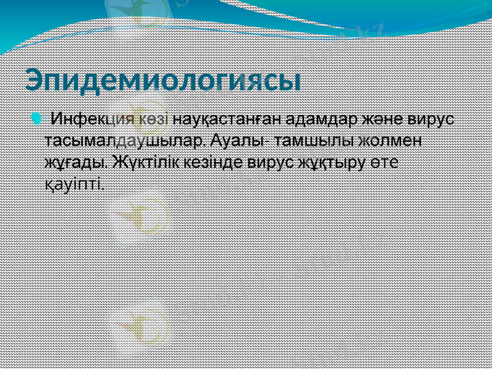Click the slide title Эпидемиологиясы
click(163, 81)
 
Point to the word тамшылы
click(310, 141)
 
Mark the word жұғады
click(77, 163)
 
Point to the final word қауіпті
click(74, 184)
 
